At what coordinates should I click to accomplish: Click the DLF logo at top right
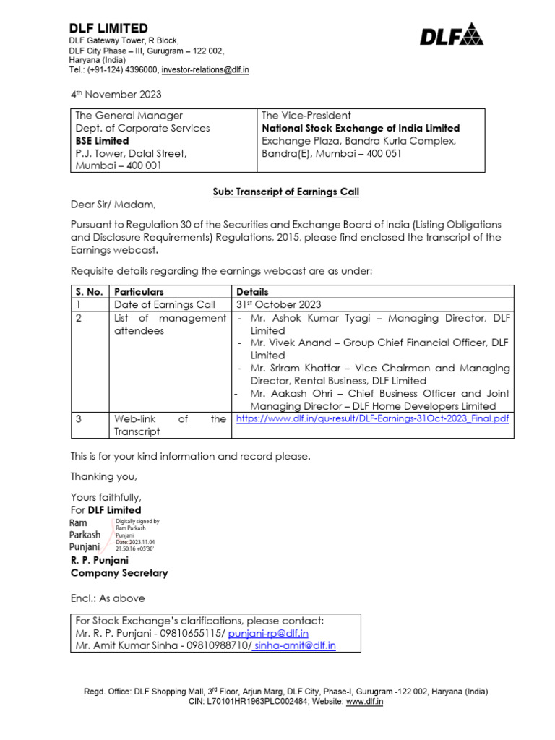point(452,33)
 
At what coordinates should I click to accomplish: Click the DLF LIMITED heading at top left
point(108,28)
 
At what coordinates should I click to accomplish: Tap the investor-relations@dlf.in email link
point(205,70)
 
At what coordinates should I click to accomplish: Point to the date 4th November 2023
point(116,95)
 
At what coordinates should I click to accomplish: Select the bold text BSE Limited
point(102,141)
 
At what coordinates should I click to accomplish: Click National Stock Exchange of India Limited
point(361,128)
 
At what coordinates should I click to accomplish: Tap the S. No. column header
point(89,291)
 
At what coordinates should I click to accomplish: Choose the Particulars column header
point(140,291)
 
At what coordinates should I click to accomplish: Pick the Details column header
point(251,291)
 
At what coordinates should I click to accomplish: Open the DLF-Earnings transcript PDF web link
point(372,418)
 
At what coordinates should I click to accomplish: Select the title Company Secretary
point(119,573)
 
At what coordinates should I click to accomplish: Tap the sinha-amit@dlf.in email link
point(295,645)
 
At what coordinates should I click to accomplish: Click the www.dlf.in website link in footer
point(364,701)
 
